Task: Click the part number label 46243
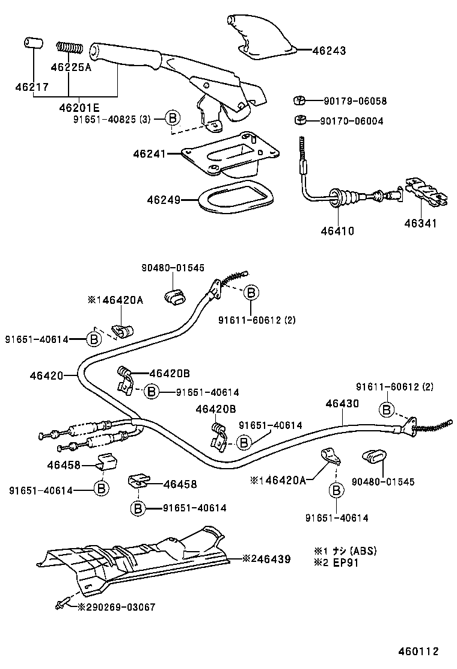(x=329, y=51)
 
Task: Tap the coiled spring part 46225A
(x=69, y=47)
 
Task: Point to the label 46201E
(x=79, y=108)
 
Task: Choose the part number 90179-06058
(x=355, y=101)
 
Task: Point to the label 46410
(x=337, y=230)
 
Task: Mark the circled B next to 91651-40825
(x=173, y=119)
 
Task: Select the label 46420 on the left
(x=46, y=376)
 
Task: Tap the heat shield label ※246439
(x=266, y=559)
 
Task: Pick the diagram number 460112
(x=417, y=651)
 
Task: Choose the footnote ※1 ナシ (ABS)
(x=345, y=550)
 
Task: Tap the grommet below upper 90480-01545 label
(x=174, y=297)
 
